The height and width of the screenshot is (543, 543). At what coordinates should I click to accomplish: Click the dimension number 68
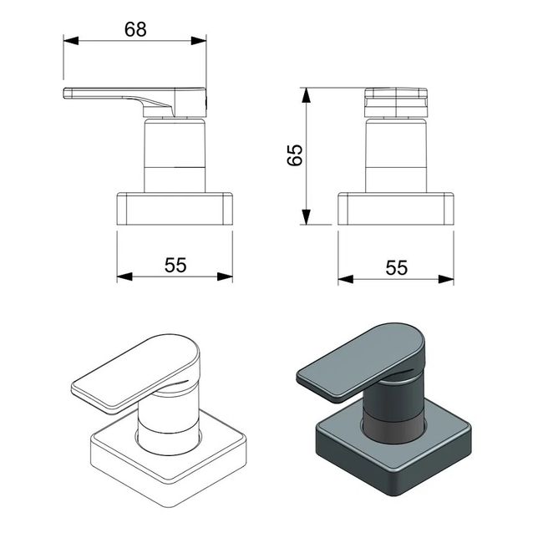(135, 28)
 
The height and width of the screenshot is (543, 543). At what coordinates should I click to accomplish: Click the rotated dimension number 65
(294, 155)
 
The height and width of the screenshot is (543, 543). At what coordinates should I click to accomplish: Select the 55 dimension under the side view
(175, 266)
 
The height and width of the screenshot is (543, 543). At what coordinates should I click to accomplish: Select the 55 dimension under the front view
(396, 267)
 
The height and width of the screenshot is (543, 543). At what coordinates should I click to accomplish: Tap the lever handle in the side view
(125, 95)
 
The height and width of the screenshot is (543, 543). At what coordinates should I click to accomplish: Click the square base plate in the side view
(175, 209)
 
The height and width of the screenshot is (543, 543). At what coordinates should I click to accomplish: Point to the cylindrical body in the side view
(175, 155)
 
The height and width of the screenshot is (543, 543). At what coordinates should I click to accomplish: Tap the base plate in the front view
(396, 209)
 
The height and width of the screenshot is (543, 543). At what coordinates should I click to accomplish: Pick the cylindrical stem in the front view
(396, 155)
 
